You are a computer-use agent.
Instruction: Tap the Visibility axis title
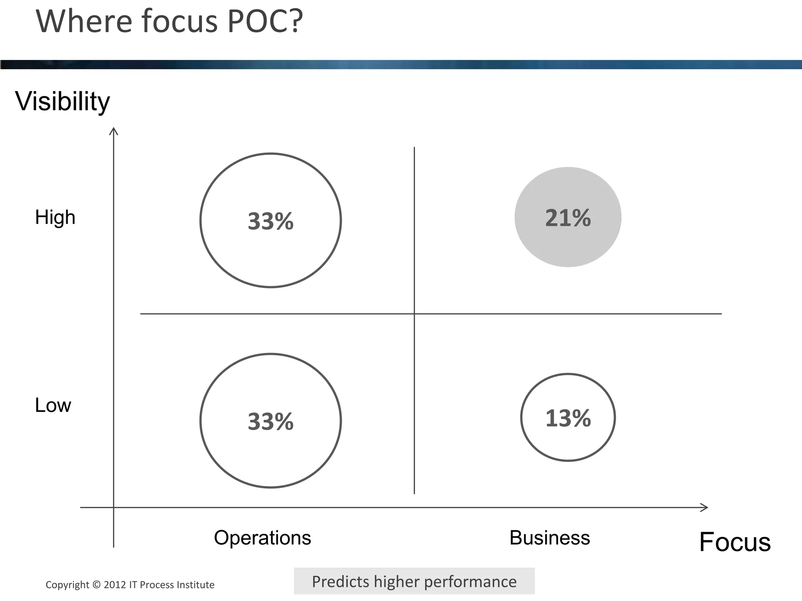click(x=63, y=101)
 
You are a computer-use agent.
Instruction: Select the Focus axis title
click(x=735, y=542)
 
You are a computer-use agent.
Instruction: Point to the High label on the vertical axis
click(x=55, y=217)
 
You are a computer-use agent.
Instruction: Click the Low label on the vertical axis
click(x=53, y=405)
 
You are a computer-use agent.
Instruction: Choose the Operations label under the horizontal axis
click(x=262, y=538)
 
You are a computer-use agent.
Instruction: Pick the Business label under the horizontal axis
click(x=549, y=538)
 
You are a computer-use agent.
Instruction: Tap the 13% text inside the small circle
click(x=568, y=418)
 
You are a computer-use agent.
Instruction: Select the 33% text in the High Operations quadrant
click(x=271, y=221)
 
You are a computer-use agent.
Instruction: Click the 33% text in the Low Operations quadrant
click(x=271, y=422)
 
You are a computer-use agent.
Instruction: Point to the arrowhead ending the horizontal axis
click(x=705, y=507)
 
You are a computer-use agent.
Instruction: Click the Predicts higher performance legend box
click(x=414, y=581)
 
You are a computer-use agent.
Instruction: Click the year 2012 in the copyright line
click(x=115, y=585)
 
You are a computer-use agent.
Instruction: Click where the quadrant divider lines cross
click(x=414, y=314)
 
